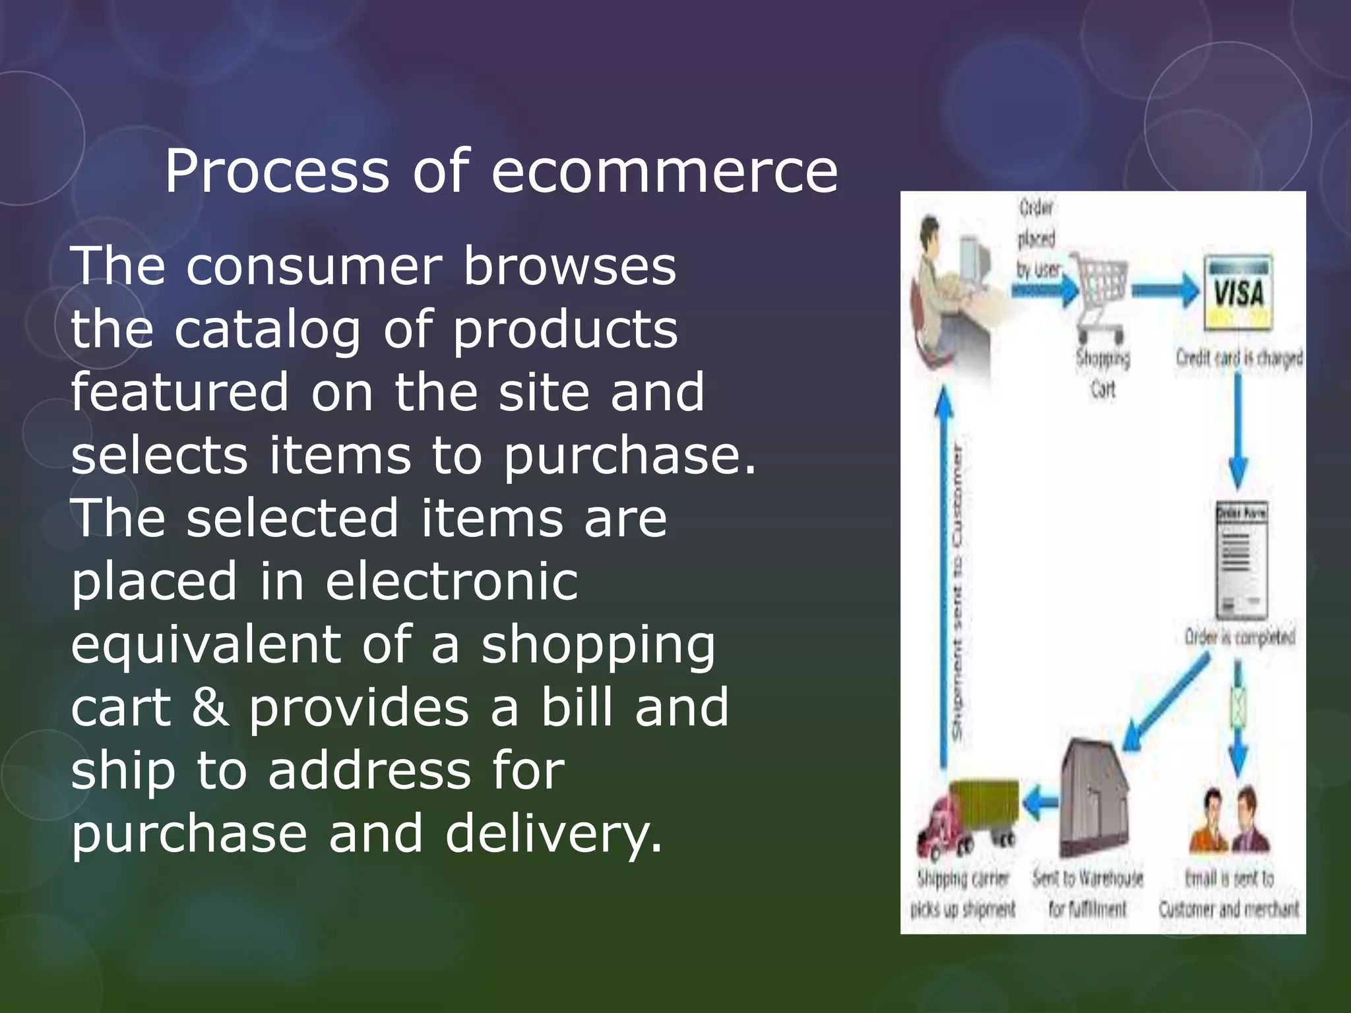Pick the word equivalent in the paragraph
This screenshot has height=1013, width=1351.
click(x=204, y=644)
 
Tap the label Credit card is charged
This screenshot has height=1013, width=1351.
click(x=1239, y=358)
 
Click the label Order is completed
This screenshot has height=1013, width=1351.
click(x=1240, y=638)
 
